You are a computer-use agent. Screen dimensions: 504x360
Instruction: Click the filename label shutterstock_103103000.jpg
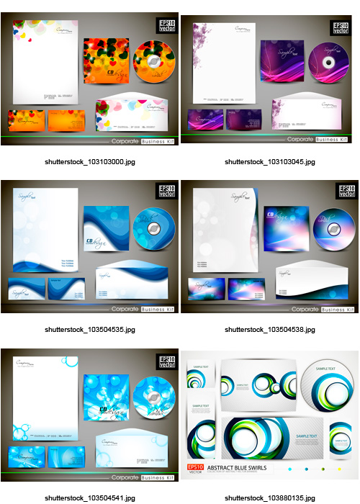click(89, 162)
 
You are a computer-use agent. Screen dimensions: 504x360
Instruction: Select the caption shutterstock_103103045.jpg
click(269, 162)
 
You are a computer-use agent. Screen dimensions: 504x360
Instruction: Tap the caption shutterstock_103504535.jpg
click(89, 329)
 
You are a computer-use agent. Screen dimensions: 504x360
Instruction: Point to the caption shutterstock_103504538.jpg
click(269, 329)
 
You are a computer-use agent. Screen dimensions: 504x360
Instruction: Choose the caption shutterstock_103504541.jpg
click(89, 498)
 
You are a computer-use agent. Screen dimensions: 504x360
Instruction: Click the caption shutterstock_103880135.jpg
click(269, 498)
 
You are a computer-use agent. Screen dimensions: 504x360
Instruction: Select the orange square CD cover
click(107, 63)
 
